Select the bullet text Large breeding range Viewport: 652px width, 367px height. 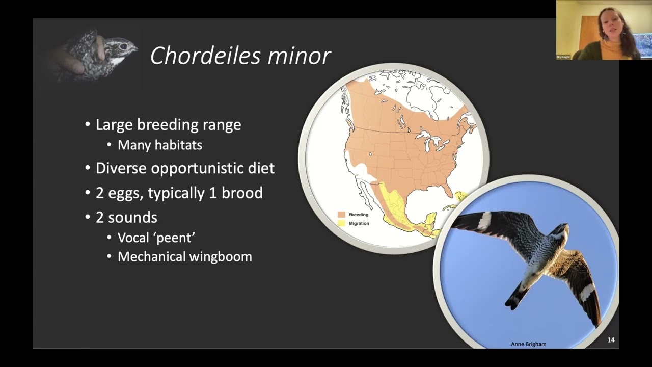click(168, 125)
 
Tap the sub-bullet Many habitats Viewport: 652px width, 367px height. click(159, 145)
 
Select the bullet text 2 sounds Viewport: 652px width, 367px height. click(126, 218)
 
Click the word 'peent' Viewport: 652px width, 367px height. click(174, 238)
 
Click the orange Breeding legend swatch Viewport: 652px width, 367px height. click(341, 215)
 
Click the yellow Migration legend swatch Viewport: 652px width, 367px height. click(341, 223)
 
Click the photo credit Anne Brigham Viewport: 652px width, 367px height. click(528, 344)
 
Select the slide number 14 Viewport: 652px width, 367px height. click(611, 340)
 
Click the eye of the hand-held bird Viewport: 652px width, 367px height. click(123, 46)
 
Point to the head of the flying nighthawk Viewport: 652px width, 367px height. click(561, 232)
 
